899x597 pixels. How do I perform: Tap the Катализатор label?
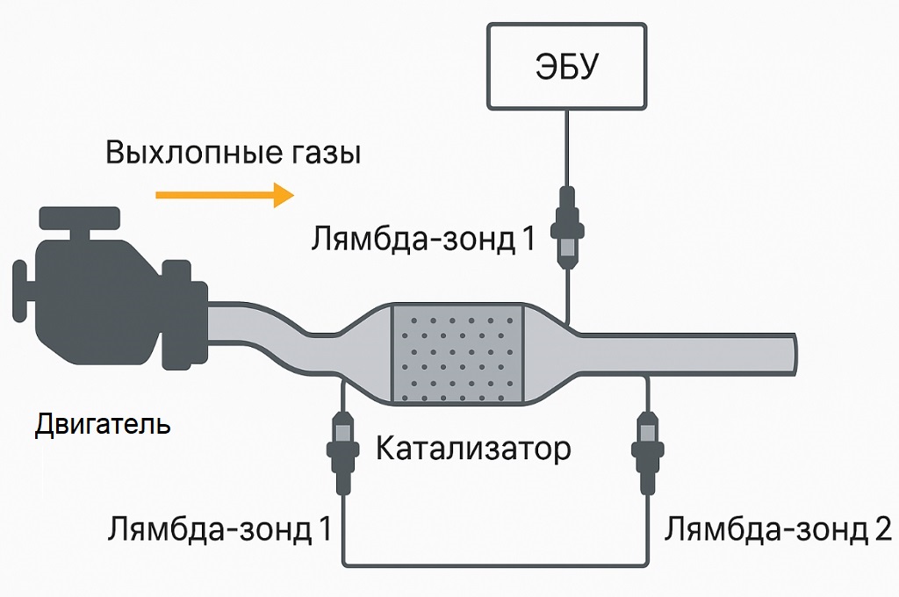473,450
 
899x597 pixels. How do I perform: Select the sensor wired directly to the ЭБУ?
566,227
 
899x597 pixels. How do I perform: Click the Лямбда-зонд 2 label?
778,529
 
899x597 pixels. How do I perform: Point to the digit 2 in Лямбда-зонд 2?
881,529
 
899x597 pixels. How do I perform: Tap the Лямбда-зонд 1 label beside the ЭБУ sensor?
422,239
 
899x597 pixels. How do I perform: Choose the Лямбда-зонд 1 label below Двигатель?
219,529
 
